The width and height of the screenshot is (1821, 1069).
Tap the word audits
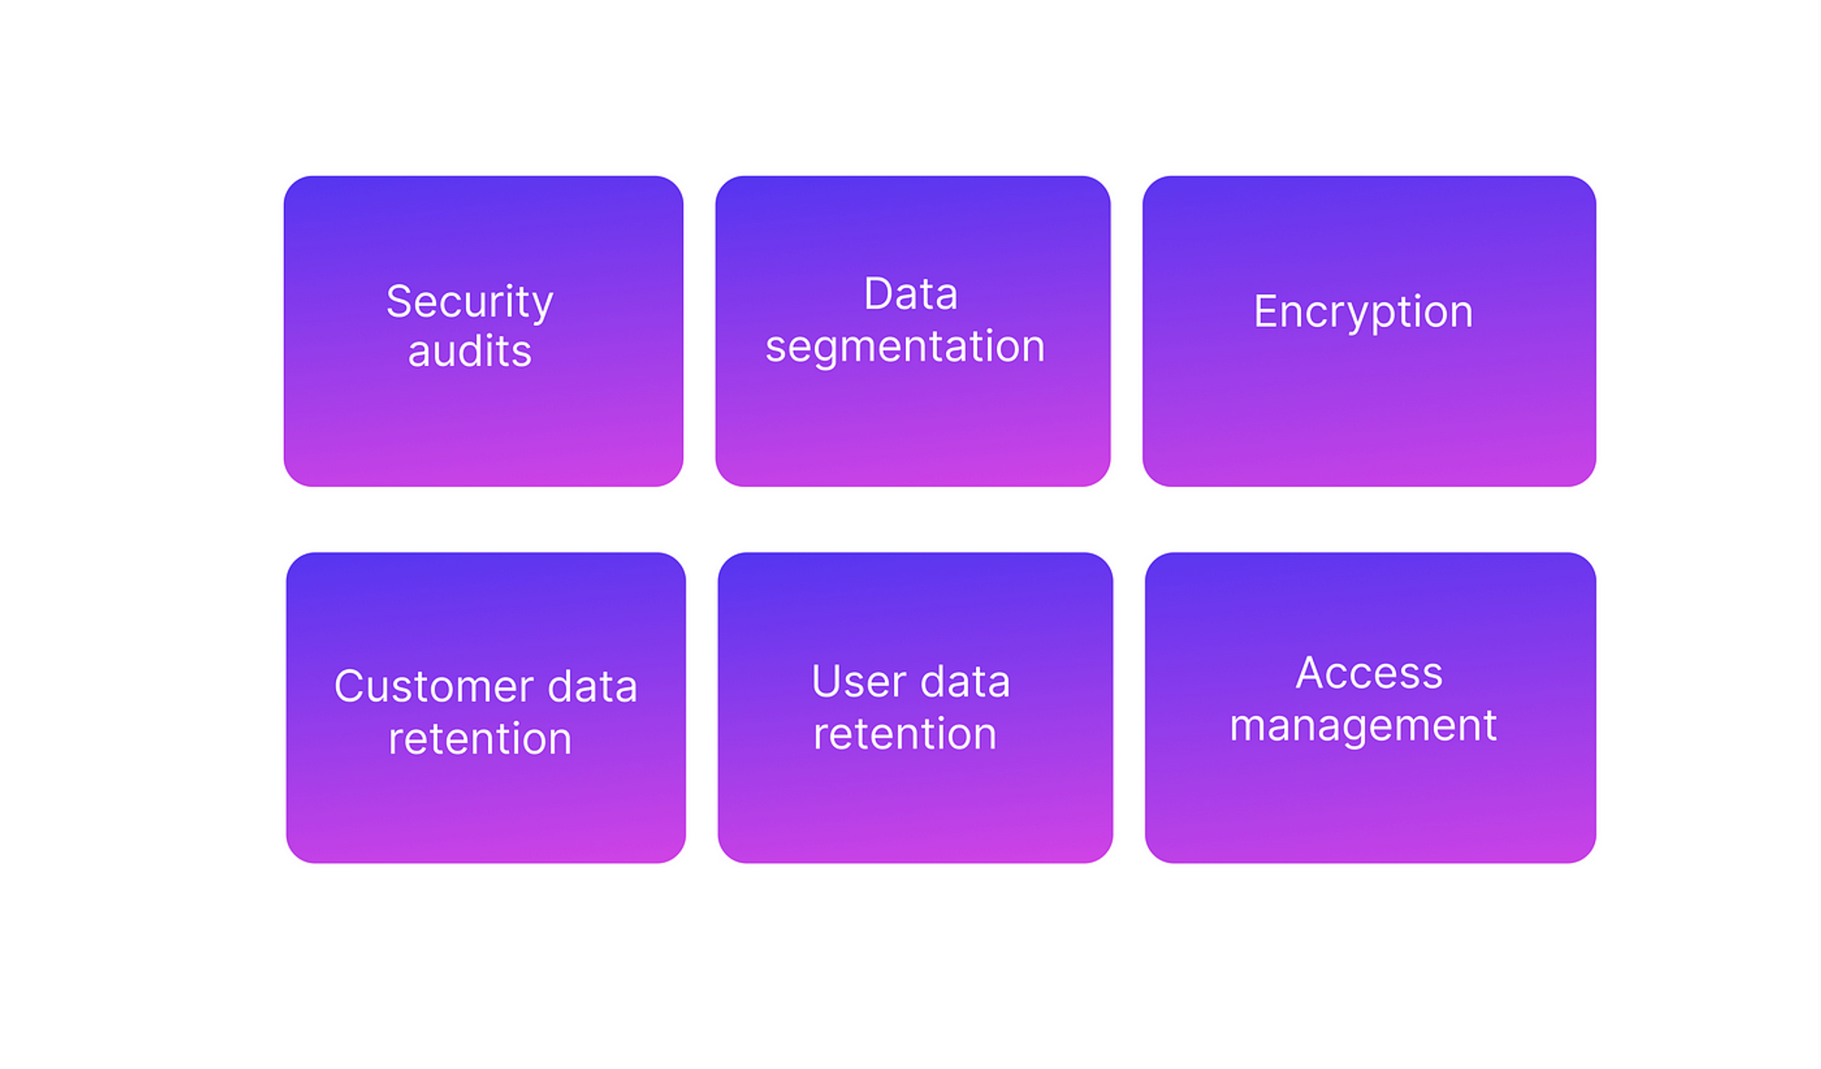(470, 351)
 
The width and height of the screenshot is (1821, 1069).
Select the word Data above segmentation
(910, 293)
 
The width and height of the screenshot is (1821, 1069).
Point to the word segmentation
(905, 347)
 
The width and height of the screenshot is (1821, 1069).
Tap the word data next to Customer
(592, 686)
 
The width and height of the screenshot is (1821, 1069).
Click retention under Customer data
(480, 738)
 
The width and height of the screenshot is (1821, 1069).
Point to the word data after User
(965, 681)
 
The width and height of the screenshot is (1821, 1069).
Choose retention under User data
(905, 734)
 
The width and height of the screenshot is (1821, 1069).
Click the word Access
(1369, 673)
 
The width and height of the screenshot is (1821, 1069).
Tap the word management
(1363, 727)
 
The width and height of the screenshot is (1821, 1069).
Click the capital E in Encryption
(1267, 311)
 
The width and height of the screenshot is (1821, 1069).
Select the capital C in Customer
(350, 687)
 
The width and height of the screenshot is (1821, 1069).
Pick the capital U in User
(826, 682)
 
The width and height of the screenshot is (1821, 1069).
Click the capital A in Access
(1311, 673)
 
